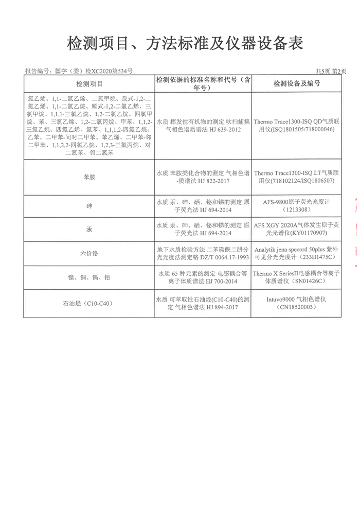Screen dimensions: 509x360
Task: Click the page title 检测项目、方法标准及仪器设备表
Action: [179, 44]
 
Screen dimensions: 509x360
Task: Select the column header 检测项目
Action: [89, 83]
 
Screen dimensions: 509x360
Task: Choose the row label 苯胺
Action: [89, 177]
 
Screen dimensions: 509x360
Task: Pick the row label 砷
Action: [89, 206]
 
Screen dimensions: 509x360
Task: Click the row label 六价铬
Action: [89, 253]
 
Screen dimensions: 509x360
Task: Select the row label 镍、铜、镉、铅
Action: [89, 277]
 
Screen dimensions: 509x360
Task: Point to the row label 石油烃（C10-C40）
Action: [89, 303]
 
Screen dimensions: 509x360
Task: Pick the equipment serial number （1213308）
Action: [297, 210]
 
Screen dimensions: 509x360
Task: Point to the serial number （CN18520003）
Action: [297, 307]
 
